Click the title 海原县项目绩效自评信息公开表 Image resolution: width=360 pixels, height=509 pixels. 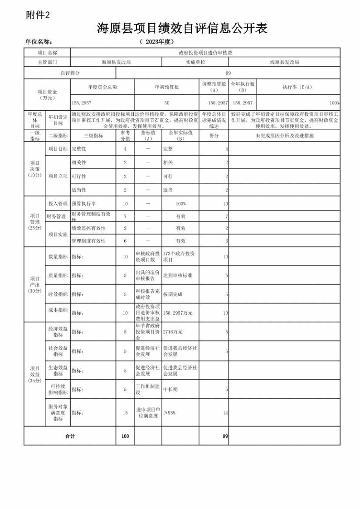(182, 29)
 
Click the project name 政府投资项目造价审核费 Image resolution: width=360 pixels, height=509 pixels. (205, 53)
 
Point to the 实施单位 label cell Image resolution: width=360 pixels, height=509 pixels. (195, 62)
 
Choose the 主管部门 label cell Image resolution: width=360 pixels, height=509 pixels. (47, 62)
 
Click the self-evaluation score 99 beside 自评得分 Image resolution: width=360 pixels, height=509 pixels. (228, 73)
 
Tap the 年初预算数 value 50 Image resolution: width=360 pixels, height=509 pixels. (166, 103)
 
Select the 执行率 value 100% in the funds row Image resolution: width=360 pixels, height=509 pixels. (334, 103)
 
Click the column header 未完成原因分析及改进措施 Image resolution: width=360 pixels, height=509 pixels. (284, 136)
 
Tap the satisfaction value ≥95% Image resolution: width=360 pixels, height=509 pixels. (170, 413)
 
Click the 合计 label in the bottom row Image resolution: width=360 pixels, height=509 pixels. (70, 436)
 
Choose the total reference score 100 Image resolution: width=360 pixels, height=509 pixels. (125, 436)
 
